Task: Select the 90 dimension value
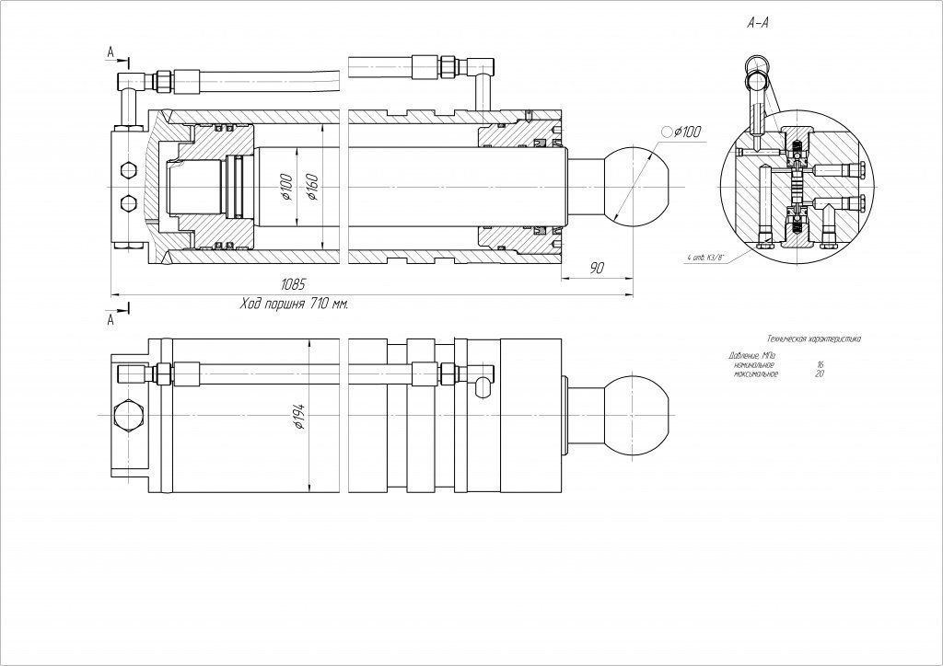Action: tap(596, 268)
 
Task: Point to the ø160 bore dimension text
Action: tap(311, 187)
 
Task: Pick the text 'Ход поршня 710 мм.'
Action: tap(293, 303)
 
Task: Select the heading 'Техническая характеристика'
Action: tap(807, 339)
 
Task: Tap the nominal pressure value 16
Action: tap(820, 365)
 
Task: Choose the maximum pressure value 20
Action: tap(820, 374)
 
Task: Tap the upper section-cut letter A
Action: tap(111, 53)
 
